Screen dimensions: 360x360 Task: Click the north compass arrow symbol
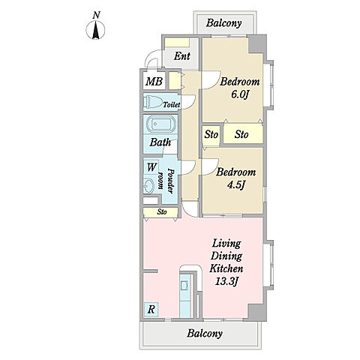[x=95, y=30]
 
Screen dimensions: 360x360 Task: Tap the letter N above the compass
[x=96, y=15]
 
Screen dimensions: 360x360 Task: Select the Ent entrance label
[x=181, y=56]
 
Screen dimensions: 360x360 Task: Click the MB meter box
[x=154, y=81]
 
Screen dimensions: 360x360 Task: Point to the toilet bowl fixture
[x=154, y=102]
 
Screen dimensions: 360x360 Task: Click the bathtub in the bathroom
[x=160, y=124]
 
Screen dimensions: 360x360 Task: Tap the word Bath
[x=160, y=142]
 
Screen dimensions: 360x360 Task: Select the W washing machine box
[x=151, y=166]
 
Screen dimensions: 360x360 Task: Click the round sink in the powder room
[x=149, y=185]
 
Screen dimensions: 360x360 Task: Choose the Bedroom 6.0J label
[x=240, y=88]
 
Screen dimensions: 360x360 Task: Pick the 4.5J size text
[x=235, y=185]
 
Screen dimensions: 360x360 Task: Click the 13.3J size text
[x=226, y=281]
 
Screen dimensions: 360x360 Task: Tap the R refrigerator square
[x=151, y=310]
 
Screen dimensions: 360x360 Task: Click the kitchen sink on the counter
[x=185, y=285]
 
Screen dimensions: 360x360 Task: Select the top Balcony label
[x=224, y=23]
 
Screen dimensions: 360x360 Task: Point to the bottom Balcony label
[x=205, y=333]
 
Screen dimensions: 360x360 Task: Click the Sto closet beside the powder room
[x=160, y=212]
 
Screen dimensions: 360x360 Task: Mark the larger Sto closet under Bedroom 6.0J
[x=243, y=134]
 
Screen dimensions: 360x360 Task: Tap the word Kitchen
[x=226, y=268]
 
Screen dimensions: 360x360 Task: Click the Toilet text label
[x=172, y=104]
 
